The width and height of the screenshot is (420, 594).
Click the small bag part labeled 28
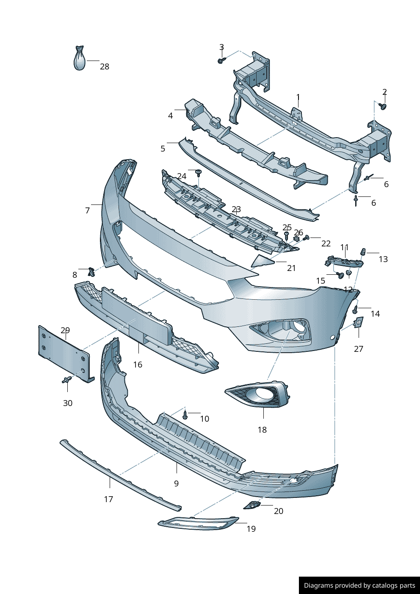80,60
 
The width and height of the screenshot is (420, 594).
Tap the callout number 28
105,66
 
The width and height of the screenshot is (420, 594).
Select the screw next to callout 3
221,61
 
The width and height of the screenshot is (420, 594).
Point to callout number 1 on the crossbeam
298,97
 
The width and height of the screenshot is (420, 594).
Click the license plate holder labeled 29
64,353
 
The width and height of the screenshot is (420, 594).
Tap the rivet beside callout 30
66,380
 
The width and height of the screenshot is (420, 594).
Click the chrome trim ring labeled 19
198,523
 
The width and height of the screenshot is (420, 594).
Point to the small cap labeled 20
252,505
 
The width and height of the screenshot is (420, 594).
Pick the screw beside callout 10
185,414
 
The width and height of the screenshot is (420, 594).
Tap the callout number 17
108,499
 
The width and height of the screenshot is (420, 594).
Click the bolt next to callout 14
356,309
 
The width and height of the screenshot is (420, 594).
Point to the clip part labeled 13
363,252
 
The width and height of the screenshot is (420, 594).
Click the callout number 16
138,365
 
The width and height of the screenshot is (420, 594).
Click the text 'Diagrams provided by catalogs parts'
359,586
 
